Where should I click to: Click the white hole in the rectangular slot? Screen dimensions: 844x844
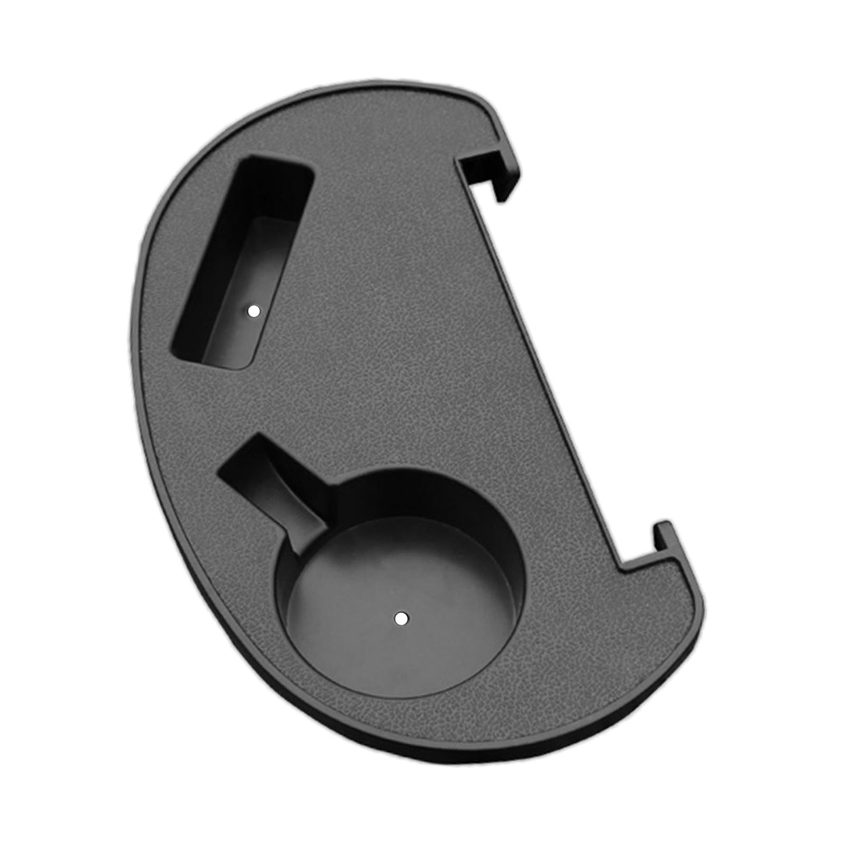pyautogui.click(x=254, y=311)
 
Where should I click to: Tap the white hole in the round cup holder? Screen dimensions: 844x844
pyautogui.click(x=401, y=618)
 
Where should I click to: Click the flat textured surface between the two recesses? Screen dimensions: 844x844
pyautogui.click(x=369, y=380)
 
